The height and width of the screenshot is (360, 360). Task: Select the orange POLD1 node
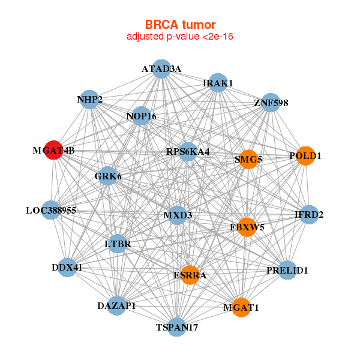[306, 155]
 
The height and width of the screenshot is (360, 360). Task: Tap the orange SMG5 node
[248, 160]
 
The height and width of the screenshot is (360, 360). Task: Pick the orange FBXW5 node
[247, 227]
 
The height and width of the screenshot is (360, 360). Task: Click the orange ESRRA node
[190, 275]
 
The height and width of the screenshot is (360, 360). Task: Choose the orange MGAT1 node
[241, 307]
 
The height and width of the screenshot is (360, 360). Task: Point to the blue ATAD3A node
[161, 68]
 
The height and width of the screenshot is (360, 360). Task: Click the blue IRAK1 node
[218, 82]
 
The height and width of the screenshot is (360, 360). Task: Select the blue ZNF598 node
[271, 103]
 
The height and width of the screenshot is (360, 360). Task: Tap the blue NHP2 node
[89, 100]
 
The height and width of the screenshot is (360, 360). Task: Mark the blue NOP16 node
[141, 116]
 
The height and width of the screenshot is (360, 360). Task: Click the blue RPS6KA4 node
[188, 151]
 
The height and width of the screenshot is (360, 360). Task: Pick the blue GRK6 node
[108, 176]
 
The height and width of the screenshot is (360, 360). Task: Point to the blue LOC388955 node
[51, 210]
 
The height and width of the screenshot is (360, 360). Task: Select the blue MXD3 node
[178, 215]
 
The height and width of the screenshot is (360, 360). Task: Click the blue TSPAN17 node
[177, 327]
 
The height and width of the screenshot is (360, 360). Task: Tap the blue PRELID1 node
[287, 271]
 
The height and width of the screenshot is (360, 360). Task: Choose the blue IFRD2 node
[308, 214]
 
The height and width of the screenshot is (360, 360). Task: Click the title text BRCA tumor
[180, 25]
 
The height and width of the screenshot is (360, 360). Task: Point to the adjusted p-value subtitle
[180, 37]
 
